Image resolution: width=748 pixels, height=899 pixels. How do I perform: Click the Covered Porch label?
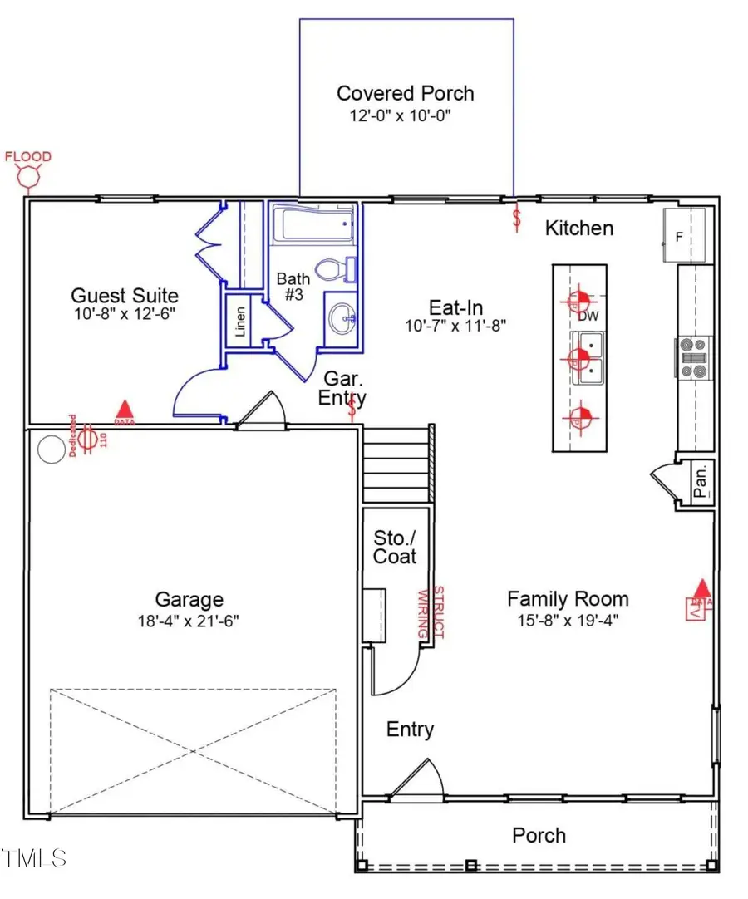(x=406, y=93)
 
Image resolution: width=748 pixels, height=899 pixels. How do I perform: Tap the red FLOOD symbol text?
(x=28, y=156)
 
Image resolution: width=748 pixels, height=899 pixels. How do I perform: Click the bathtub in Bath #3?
(x=312, y=225)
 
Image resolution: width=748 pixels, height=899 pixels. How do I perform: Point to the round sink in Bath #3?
(x=342, y=316)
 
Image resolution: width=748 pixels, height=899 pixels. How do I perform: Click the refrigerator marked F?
(x=683, y=236)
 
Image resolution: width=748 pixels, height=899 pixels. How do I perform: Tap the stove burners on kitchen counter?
(x=693, y=356)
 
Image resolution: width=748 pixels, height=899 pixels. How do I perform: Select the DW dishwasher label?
(x=588, y=316)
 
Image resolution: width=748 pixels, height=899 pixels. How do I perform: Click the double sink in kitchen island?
(x=591, y=359)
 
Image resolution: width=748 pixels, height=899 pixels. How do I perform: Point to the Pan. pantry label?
(x=702, y=480)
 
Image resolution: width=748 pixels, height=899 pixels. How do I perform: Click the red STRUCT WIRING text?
(x=431, y=612)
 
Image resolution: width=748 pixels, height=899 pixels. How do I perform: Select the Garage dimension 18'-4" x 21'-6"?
(x=189, y=621)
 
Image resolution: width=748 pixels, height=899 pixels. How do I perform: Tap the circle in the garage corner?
(x=52, y=449)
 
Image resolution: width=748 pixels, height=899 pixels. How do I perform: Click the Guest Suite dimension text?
(x=124, y=314)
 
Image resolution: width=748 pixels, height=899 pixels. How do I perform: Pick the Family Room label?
(x=568, y=598)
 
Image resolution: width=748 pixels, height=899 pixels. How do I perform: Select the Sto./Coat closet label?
(x=395, y=547)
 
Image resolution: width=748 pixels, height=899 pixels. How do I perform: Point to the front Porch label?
(x=539, y=835)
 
